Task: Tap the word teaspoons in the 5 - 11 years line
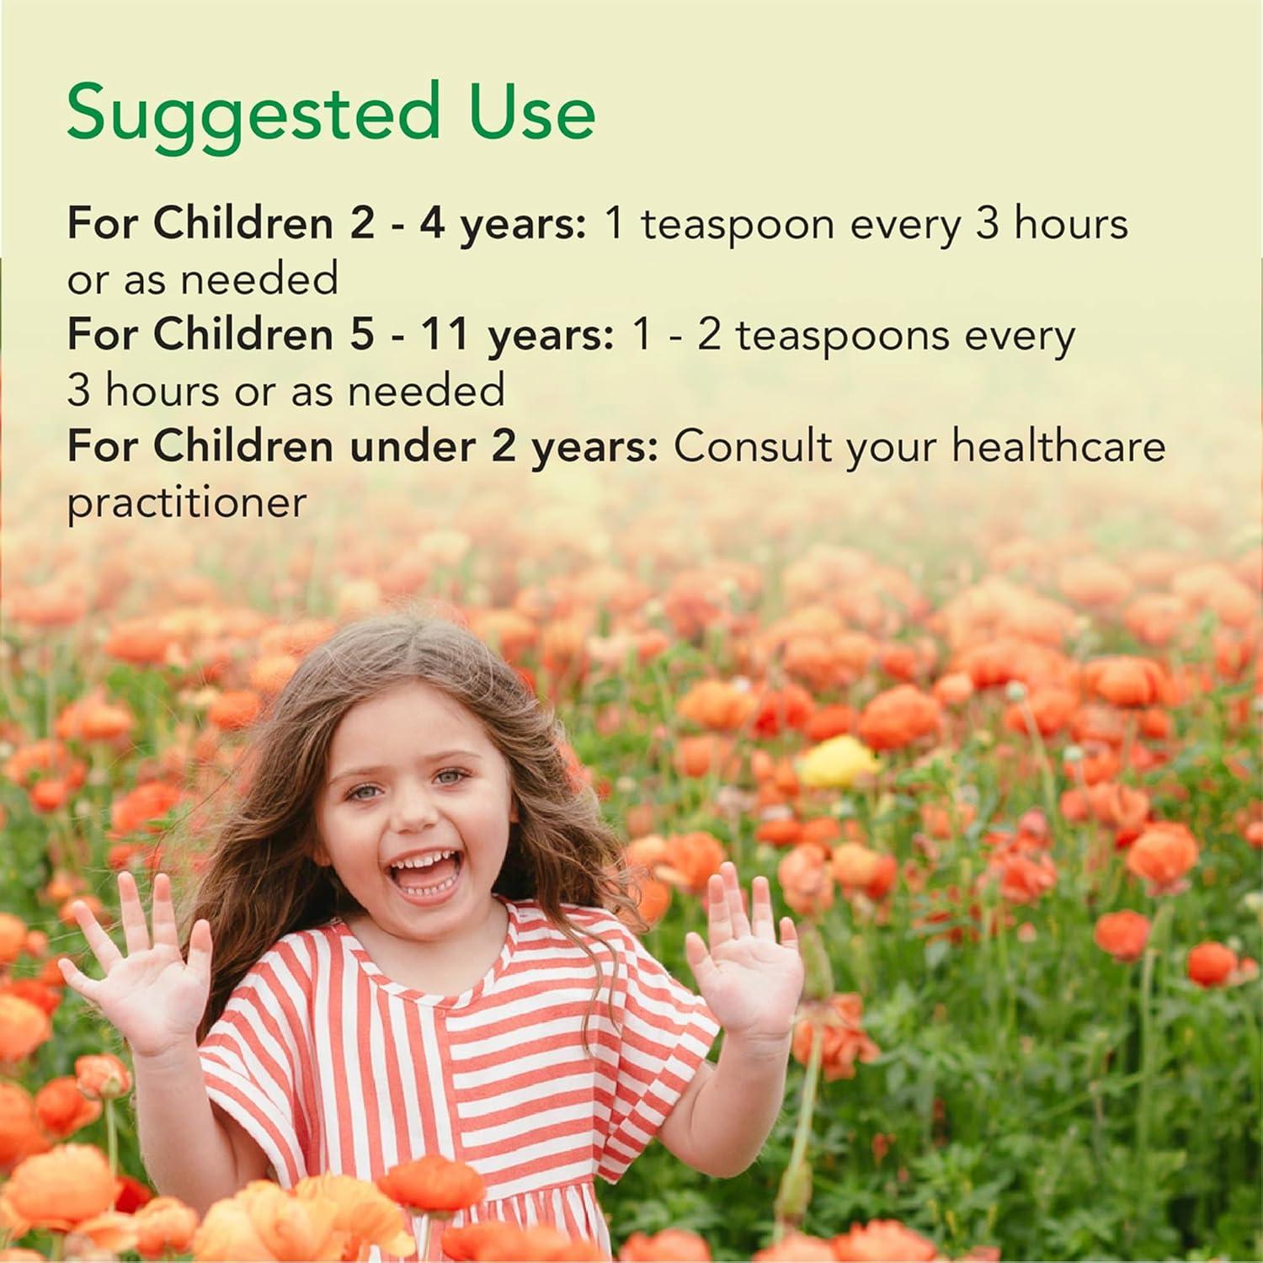[x=842, y=336]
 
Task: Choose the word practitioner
[x=186, y=504]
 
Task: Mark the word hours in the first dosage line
[x=1070, y=224]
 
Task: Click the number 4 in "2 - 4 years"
[x=431, y=224]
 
